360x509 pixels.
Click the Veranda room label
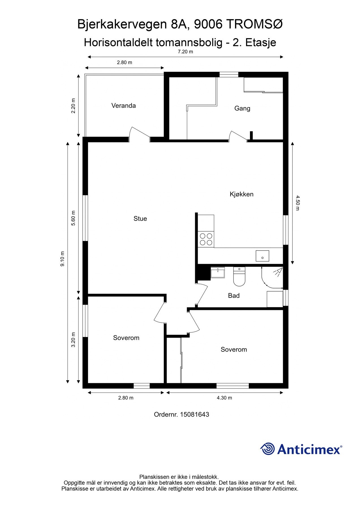tap(124, 105)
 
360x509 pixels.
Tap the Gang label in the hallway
tap(242, 108)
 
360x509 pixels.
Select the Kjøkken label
tap(242, 194)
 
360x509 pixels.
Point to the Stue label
tap(140, 219)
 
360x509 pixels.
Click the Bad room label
tap(234, 296)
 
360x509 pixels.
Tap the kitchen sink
tap(262, 256)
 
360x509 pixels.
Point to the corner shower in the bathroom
tap(272, 277)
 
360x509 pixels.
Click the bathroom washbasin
tap(218, 272)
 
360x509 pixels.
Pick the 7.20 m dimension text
tap(185, 51)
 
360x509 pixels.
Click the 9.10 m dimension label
tap(62, 259)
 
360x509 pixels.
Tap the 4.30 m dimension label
tap(224, 398)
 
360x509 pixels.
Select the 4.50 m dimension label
tap(297, 203)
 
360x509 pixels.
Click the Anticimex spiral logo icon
tap(268, 449)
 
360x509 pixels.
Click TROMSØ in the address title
tap(255, 25)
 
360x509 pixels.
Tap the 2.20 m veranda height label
tap(74, 106)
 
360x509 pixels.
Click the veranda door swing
tap(139, 134)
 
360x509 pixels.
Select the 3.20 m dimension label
tap(74, 340)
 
